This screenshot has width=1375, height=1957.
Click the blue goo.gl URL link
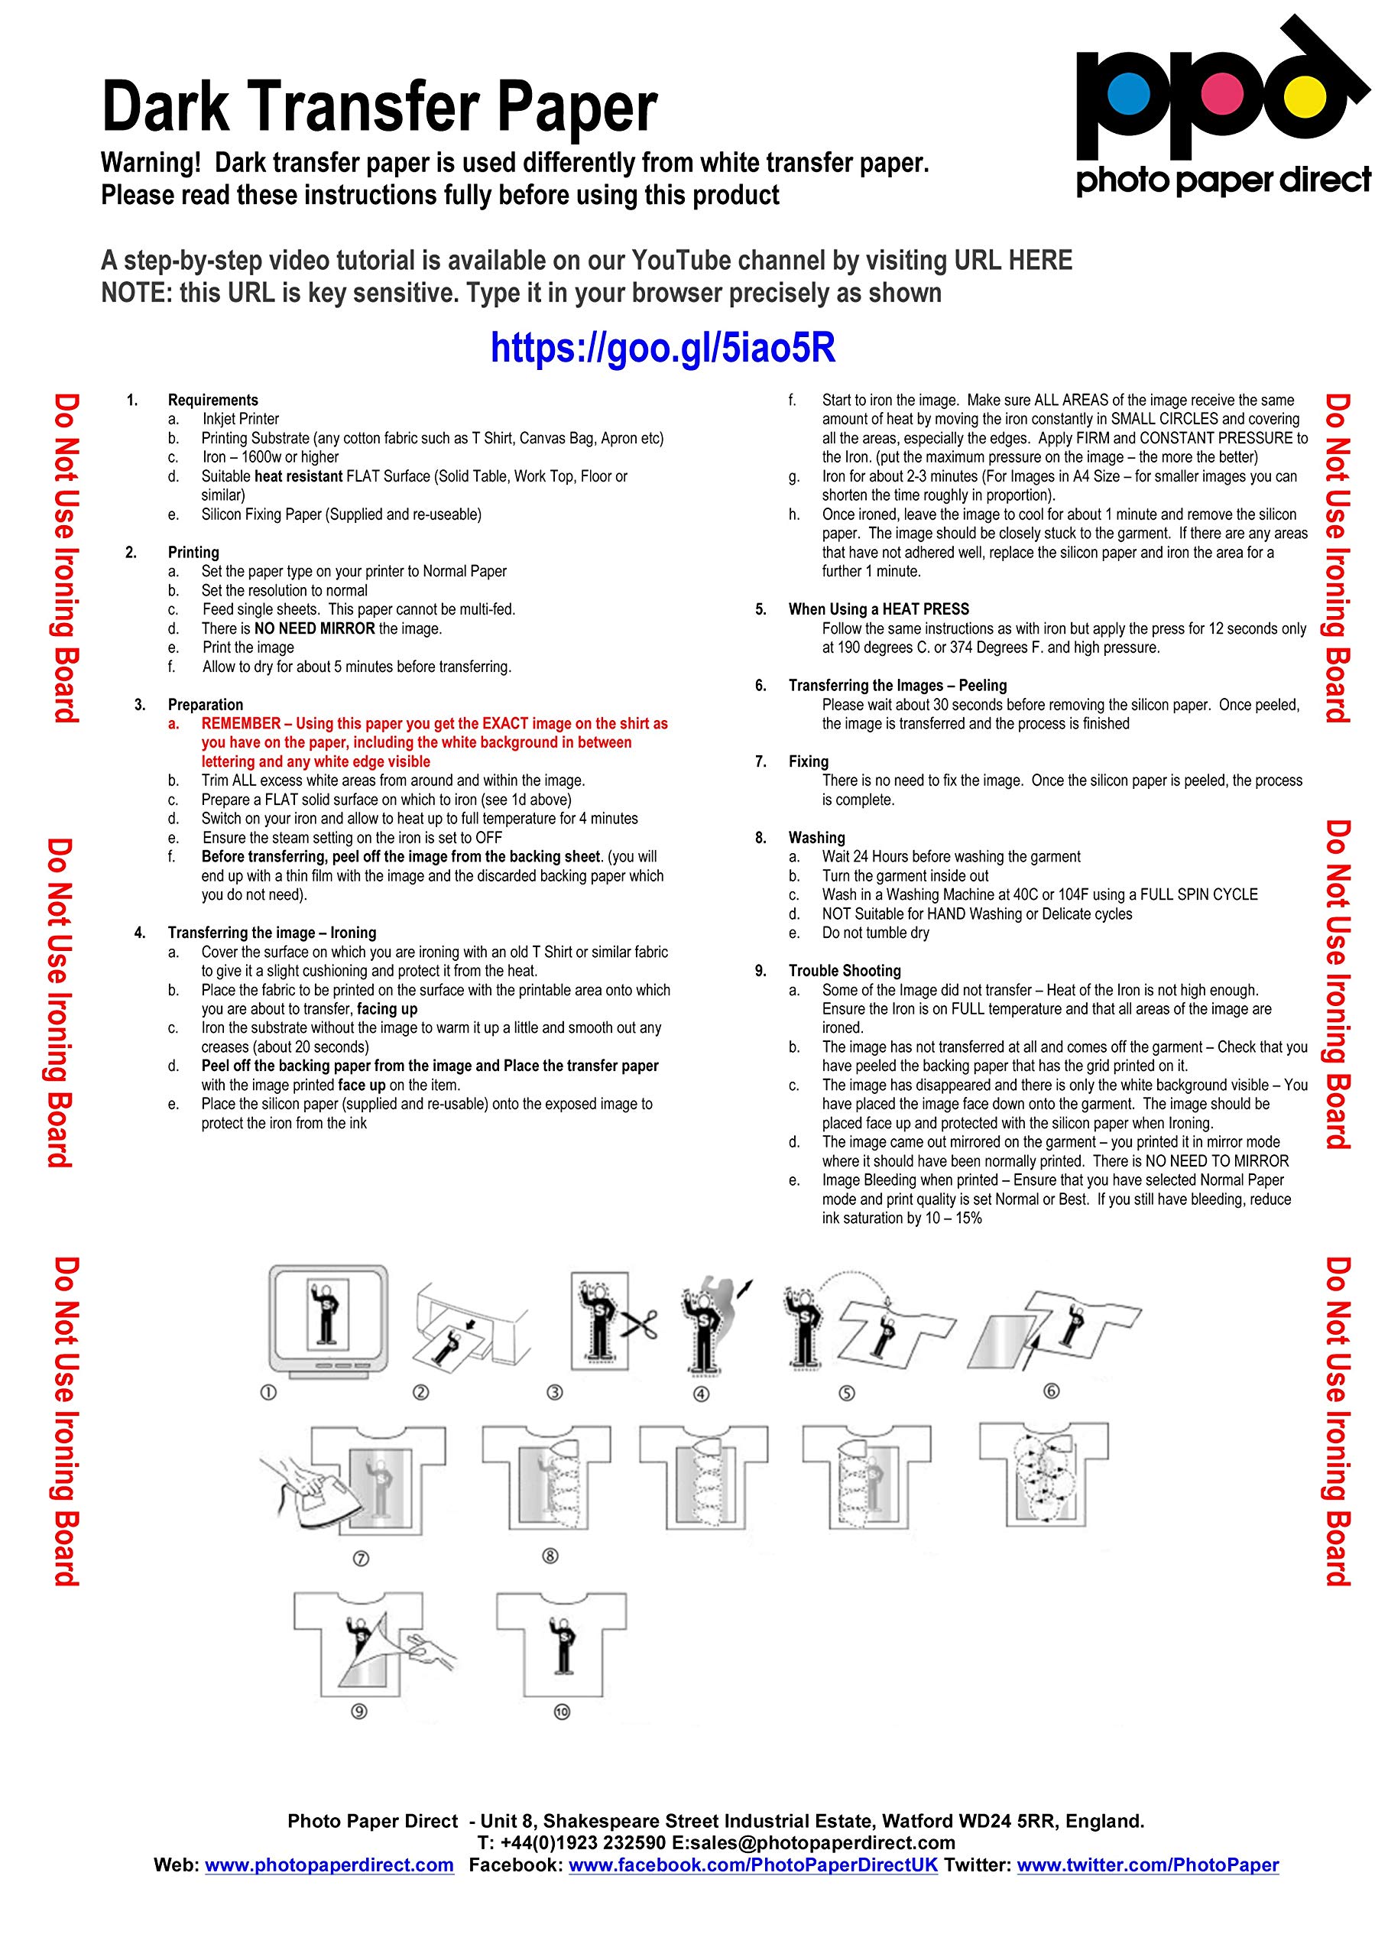click(x=663, y=348)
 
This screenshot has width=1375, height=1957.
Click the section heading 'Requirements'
click(x=212, y=400)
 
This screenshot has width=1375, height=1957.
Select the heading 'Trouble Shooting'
click(x=844, y=971)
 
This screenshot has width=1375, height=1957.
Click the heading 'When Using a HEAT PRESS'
click(x=878, y=609)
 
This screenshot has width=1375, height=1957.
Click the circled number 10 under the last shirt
click(x=561, y=1712)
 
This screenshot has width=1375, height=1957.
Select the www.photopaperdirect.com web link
click(x=329, y=1865)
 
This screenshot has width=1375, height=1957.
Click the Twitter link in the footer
click(x=1147, y=1865)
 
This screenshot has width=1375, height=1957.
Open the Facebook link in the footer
click(x=753, y=1865)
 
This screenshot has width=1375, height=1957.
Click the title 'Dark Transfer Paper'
click(x=379, y=106)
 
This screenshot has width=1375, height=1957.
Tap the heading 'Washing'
click(x=816, y=838)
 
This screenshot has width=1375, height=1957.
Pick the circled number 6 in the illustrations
click(x=1051, y=1391)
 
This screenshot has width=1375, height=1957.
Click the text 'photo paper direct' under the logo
click(x=1223, y=180)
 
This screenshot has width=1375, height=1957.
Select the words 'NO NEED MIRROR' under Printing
click(x=315, y=629)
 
